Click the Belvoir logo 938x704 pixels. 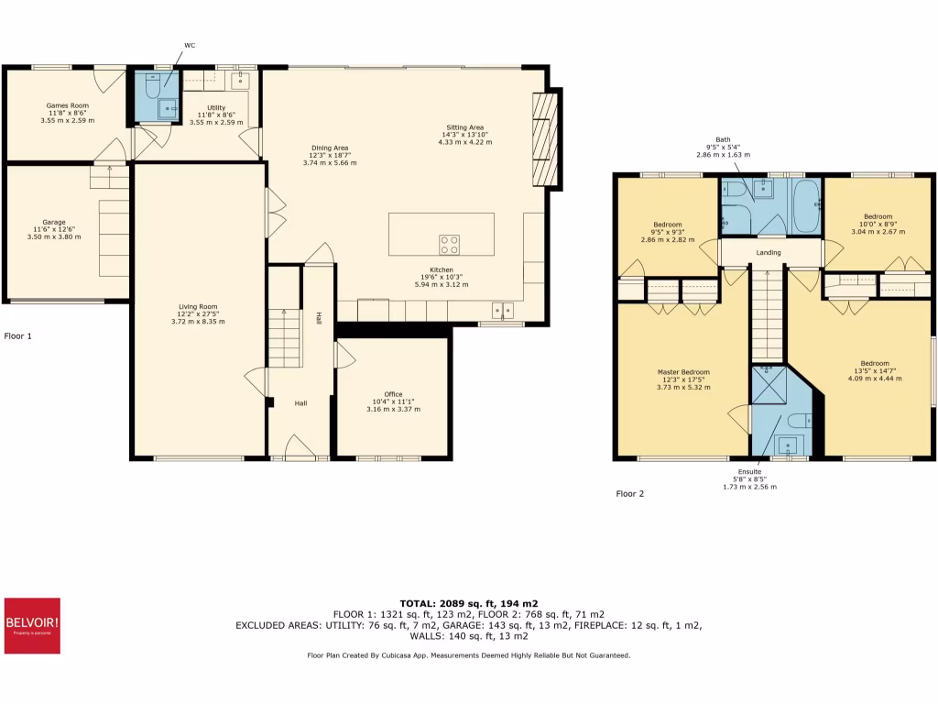pos(32,626)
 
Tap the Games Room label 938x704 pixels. pos(68,105)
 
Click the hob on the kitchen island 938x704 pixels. pos(450,244)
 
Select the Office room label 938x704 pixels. pos(393,394)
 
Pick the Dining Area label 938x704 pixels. pos(330,148)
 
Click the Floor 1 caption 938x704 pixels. pos(17,336)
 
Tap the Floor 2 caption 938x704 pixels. pos(629,494)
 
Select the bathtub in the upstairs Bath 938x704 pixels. pos(805,206)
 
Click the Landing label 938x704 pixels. pos(768,252)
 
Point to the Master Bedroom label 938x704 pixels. pos(683,372)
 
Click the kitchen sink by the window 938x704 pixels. pos(502,309)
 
